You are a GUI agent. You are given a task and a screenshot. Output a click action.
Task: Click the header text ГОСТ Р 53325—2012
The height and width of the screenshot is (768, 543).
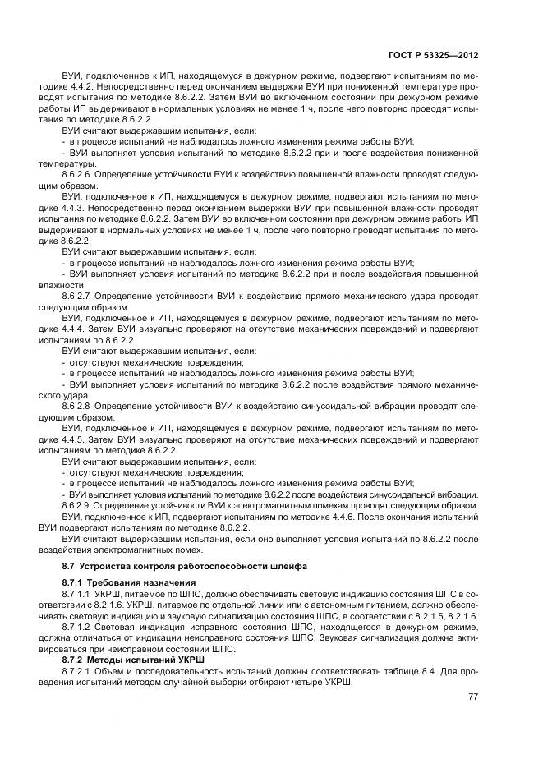point(434,55)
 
